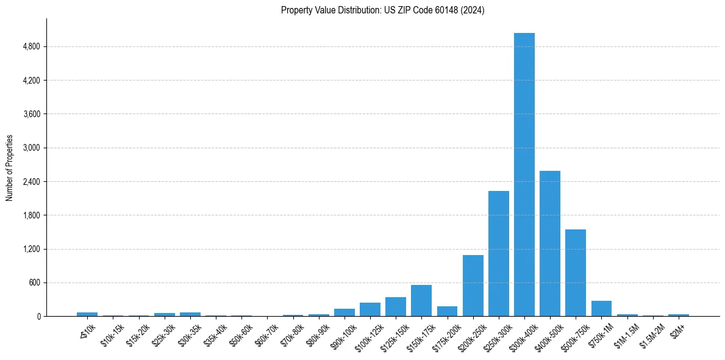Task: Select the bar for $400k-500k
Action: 549,243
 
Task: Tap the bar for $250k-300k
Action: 498,254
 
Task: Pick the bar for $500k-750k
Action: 575,273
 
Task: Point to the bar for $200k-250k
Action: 473,286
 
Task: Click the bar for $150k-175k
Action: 421,301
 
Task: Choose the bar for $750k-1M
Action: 601,309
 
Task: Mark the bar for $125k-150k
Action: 396,307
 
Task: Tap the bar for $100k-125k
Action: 370,309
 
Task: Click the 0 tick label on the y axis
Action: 38,317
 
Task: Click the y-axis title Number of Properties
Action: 10,168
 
